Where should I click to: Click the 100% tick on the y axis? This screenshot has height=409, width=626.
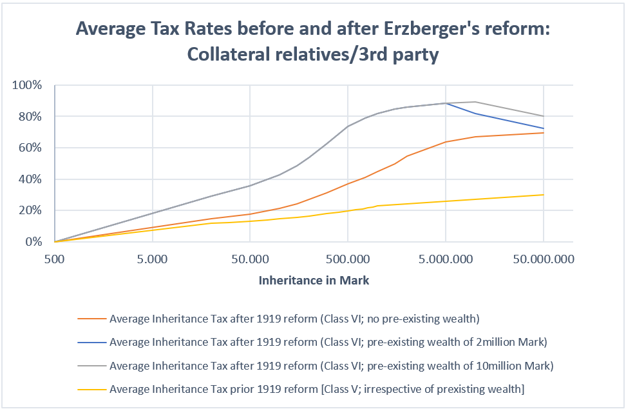click(x=28, y=85)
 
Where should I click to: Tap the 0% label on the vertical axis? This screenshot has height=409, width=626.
click(x=33, y=242)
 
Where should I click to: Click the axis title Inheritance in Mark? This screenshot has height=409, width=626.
click(x=314, y=281)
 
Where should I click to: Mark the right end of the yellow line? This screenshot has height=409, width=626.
click(x=544, y=195)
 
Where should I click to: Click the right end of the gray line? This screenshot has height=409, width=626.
click(x=544, y=116)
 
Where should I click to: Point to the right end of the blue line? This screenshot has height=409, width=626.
click(x=544, y=128)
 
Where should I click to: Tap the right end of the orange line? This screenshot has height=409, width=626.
click(x=544, y=133)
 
